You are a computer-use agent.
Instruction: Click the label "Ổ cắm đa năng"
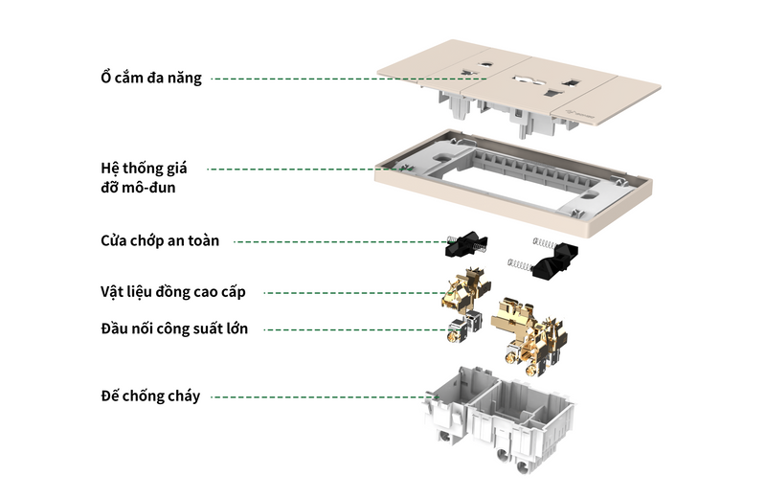point(152,78)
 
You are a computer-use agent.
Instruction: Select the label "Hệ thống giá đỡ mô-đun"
point(144,177)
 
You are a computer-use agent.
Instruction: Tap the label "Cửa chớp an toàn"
point(160,240)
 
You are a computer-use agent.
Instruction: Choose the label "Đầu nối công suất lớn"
point(173,328)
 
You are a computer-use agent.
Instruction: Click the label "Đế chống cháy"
point(150,396)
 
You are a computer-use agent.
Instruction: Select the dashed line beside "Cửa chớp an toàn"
point(340,241)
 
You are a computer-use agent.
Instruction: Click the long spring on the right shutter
point(518,262)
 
